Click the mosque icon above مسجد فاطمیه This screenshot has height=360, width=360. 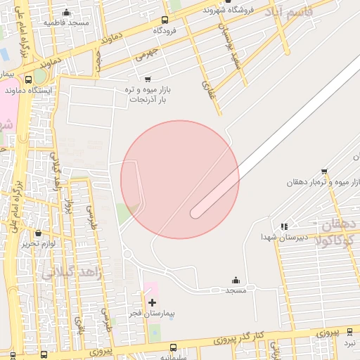[x=67, y=13]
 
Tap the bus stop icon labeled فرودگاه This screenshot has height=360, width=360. [x=165, y=20]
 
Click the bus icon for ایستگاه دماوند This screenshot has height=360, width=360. [x=29, y=79]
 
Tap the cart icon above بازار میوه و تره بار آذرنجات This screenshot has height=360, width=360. [x=147, y=79]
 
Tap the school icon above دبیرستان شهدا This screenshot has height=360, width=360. [x=284, y=226]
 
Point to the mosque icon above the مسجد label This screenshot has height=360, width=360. [x=235, y=280]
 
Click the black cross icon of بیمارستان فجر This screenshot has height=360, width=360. [x=152, y=302]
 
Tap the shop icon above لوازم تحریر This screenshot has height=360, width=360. [x=38, y=233]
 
